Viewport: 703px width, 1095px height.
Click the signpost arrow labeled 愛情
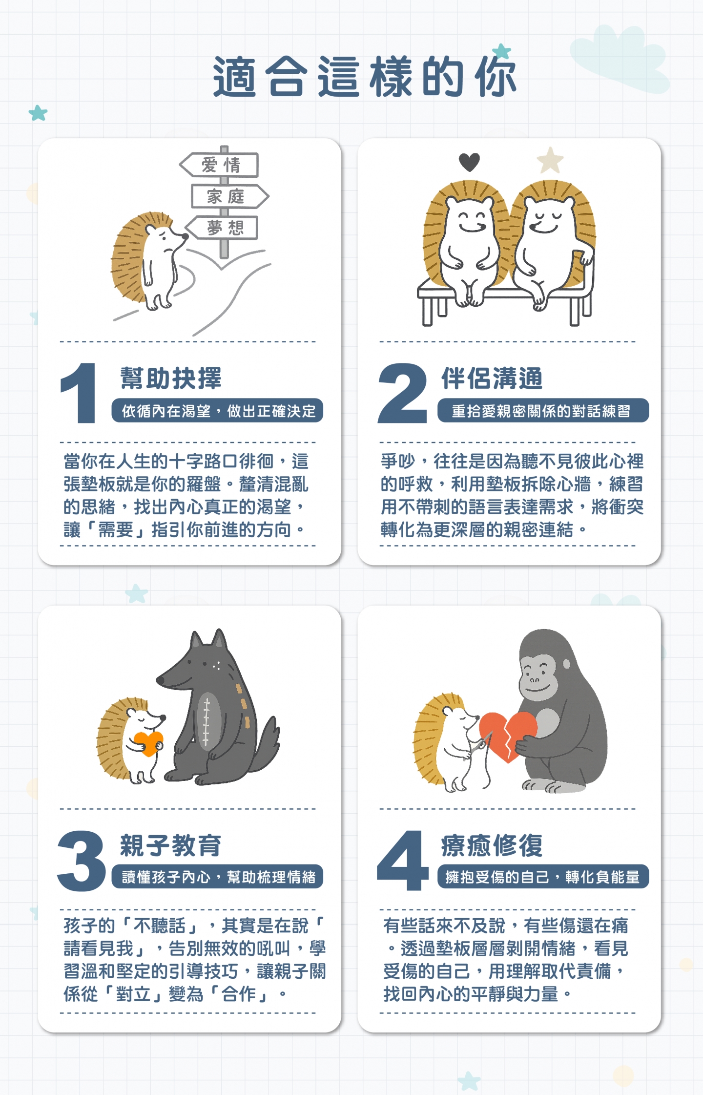219,165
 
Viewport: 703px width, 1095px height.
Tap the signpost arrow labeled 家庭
229,196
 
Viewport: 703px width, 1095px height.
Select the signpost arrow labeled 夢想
222,228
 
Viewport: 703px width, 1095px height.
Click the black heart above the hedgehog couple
469,162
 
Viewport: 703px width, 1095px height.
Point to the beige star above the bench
550,161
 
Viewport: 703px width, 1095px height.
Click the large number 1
79,393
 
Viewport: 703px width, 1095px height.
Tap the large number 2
402,393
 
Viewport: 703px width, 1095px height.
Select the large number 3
82,861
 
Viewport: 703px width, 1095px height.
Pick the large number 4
403,861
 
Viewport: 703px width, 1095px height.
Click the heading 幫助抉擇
171,378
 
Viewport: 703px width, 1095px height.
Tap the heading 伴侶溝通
492,378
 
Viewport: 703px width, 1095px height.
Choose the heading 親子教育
171,845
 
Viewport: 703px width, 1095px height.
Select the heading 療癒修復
492,845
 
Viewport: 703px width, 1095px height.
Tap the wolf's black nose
161,679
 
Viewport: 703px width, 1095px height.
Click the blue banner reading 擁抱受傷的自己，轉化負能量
543,877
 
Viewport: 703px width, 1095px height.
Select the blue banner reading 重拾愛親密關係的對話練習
543,411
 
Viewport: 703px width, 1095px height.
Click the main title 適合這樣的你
365,77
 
